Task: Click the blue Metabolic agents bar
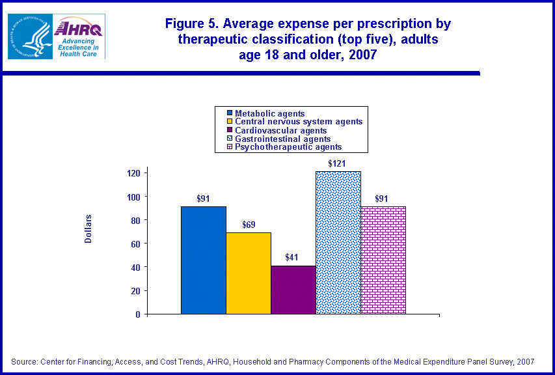click(204, 260)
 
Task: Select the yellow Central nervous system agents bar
click(249, 273)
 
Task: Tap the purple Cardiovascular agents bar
click(293, 289)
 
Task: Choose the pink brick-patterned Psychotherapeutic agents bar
click(383, 260)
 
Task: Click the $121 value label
click(337, 162)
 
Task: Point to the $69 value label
click(249, 225)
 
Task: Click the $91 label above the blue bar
click(204, 199)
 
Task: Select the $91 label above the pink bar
click(383, 199)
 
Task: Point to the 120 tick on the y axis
click(133, 173)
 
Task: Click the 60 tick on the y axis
click(135, 243)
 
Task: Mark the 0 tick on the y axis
click(138, 314)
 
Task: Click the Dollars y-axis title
click(88, 229)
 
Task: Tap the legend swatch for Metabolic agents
click(222, 113)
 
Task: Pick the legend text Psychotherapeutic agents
click(288, 147)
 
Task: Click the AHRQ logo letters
click(79, 28)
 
